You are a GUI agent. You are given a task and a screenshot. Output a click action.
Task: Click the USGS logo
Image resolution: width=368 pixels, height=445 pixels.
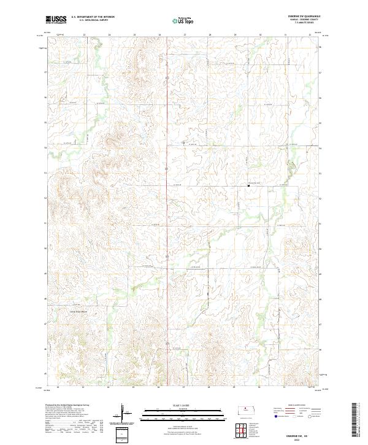point(55,19)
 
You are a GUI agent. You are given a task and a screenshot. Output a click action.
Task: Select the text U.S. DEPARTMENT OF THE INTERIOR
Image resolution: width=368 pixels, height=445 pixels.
point(93,17)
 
